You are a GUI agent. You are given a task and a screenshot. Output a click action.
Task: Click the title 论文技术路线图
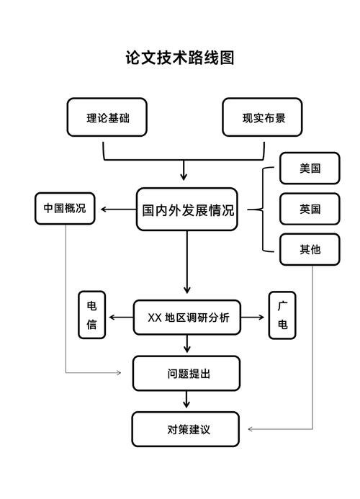point(180,58)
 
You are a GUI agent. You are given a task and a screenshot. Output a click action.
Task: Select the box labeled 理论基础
point(107,117)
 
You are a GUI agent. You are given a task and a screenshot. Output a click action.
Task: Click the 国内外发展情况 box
point(186,210)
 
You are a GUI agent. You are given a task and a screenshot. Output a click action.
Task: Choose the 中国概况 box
point(65,209)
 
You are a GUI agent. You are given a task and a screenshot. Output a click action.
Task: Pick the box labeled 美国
point(310,169)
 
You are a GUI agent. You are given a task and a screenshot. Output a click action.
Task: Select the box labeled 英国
point(310,210)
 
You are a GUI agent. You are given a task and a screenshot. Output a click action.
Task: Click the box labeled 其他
point(310,250)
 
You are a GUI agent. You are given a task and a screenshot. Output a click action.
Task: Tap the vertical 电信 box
point(92,315)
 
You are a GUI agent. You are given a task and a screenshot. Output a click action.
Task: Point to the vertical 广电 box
point(282,315)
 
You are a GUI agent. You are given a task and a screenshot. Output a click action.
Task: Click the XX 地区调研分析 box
point(188,318)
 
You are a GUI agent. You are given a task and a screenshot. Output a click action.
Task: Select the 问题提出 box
point(186,373)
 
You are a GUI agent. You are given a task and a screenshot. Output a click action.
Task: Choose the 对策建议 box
point(186,429)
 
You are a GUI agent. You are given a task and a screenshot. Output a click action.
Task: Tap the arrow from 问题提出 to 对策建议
point(186,400)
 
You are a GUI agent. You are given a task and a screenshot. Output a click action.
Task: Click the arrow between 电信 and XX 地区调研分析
point(121,318)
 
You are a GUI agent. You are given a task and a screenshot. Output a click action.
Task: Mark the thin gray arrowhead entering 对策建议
point(251,429)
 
